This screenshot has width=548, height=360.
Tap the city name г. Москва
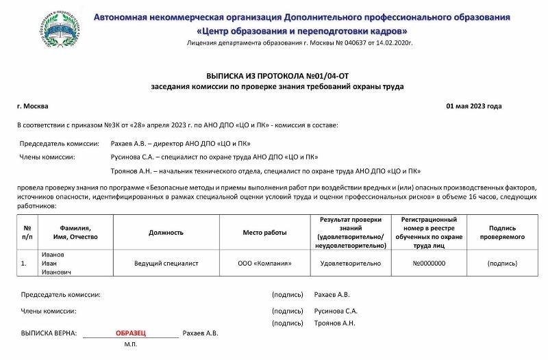[33, 106]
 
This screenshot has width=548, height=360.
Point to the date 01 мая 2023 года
[474, 106]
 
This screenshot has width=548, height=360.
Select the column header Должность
[166, 233]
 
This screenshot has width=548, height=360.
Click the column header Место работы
[264, 233]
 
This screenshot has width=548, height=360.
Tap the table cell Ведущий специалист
[166, 263]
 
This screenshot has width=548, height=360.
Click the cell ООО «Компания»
[264, 263]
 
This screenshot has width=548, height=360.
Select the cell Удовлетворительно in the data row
[351, 263]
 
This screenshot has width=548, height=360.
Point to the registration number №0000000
[429, 263]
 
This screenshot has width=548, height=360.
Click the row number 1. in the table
[24, 263]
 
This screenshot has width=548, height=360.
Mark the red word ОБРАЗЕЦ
[131, 333]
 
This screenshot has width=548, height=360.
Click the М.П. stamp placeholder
[131, 344]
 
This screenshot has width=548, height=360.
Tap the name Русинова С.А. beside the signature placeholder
[336, 311]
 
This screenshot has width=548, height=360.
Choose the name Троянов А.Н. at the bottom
[334, 322]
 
